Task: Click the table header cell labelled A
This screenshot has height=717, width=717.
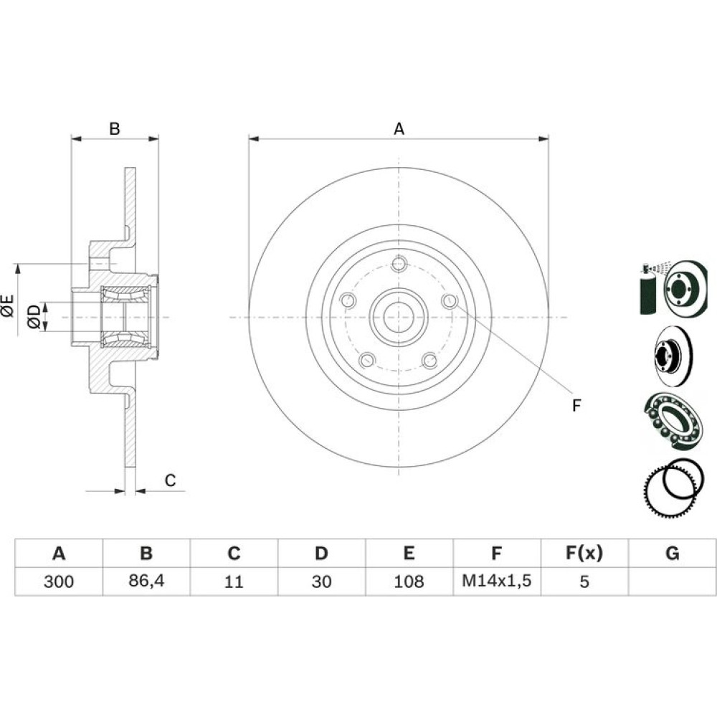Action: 59,553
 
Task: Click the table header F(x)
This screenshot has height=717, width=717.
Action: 584,553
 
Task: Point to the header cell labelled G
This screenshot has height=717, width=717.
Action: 672,553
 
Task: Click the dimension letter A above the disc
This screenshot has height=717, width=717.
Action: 399,129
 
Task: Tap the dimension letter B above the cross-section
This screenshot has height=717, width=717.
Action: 114,129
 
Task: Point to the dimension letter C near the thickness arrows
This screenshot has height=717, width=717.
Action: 170,480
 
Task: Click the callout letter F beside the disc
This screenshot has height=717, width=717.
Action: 576,406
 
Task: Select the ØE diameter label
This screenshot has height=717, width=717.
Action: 8,307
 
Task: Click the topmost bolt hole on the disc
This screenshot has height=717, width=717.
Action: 399,264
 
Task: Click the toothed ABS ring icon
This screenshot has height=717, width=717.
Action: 670,488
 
